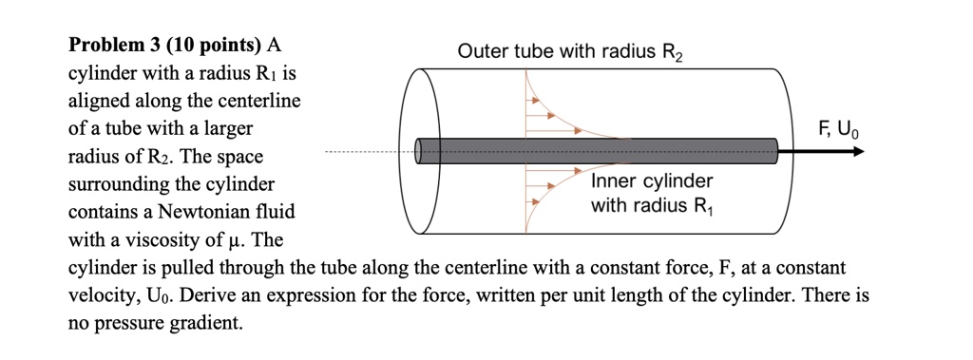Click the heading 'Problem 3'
click(116, 44)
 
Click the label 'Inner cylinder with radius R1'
click(651, 193)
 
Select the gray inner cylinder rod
click(599, 150)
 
